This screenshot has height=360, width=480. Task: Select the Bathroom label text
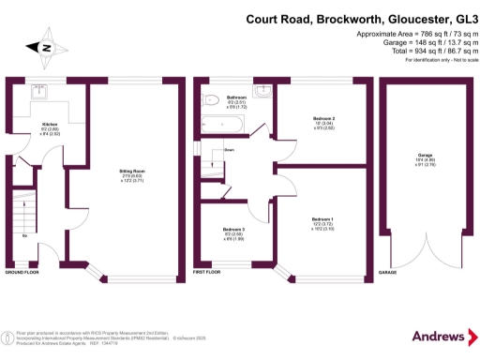tap(236, 97)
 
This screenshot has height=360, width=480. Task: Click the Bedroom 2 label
tap(323, 118)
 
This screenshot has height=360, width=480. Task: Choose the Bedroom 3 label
tap(233, 230)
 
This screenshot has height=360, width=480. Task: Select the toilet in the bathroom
tap(210, 97)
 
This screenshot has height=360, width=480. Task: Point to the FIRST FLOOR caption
tap(210, 272)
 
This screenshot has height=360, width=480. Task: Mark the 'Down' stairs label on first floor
tap(229, 150)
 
